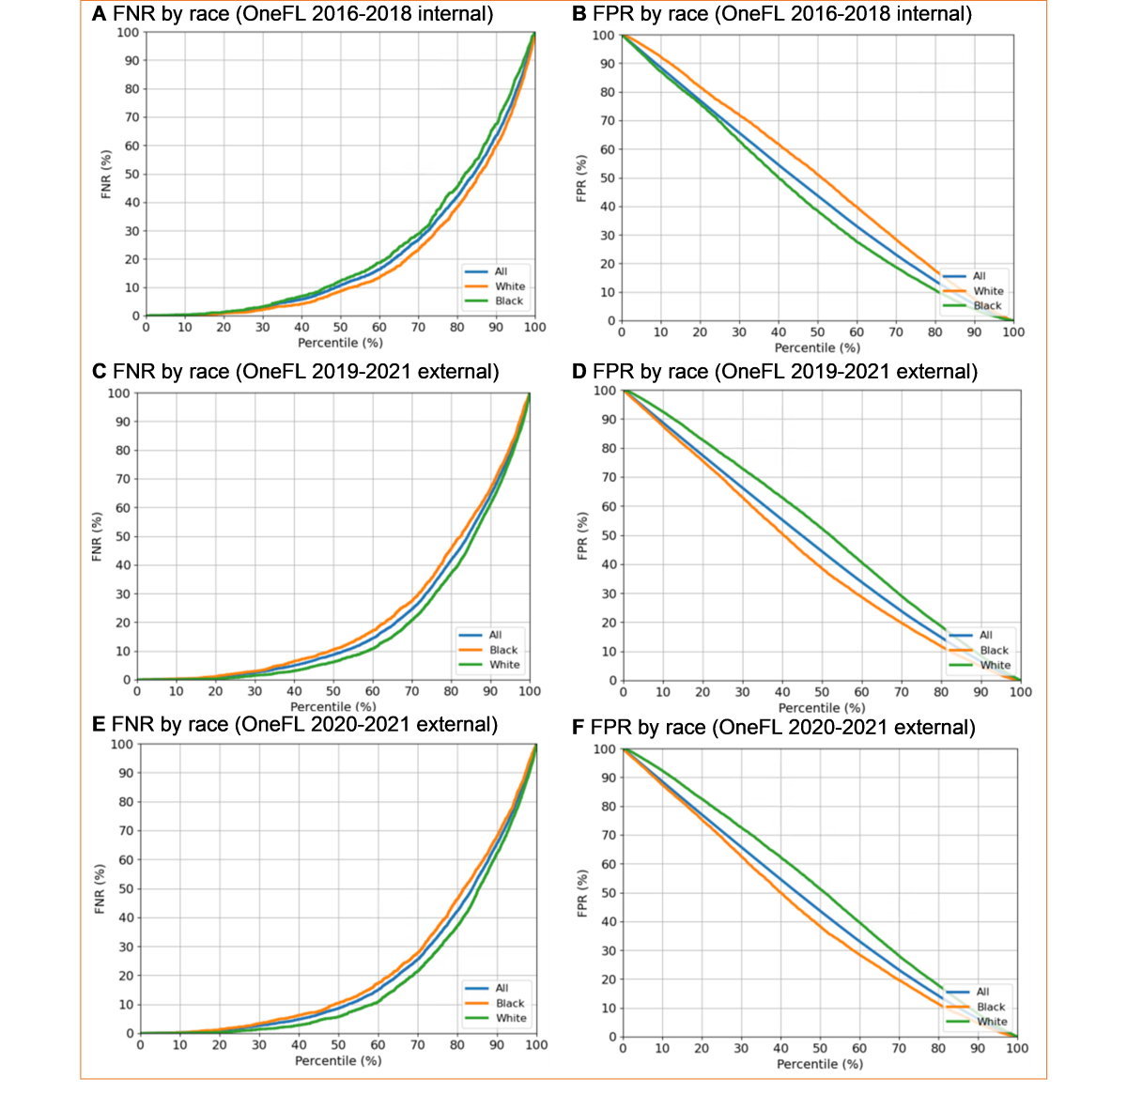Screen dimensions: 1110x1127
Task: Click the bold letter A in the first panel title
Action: click(x=99, y=14)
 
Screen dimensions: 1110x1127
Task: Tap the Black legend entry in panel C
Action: click(x=503, y=650)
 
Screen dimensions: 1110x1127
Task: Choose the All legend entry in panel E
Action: click(x=502, y=988)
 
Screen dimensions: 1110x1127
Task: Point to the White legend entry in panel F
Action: click(x=992, y=1022)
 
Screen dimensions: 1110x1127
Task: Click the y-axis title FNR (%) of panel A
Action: click(x=106, y=174)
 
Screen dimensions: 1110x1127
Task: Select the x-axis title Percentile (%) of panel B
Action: click(x=817, y=347)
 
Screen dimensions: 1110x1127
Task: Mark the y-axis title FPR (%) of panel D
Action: click(x=582, y=536)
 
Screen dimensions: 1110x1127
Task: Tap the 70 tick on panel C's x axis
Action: click(x=411, y=692)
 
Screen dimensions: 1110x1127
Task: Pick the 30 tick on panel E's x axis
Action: click(x=259, y=1045)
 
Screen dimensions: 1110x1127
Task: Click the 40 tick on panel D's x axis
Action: click(x=782, y=692)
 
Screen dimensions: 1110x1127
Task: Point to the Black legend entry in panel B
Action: click(x=987, y=306)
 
